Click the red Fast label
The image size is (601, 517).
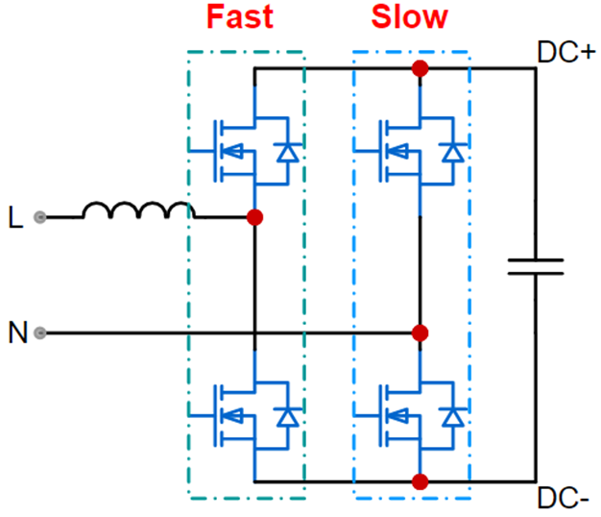click(241, 16)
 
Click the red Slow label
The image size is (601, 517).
click(410, 16)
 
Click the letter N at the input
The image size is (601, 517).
click(16, 334)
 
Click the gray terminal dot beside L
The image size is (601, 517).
click(39, 217)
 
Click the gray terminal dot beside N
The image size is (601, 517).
click(39, 333)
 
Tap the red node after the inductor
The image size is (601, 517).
click(254, 217)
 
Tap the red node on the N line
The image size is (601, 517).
click(420, 333)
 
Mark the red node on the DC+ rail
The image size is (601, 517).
click(420, 68)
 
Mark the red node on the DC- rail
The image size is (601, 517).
click(420, 480)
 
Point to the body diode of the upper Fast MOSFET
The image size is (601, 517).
click(285, 151)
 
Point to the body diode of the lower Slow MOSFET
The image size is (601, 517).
click(450, 416)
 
